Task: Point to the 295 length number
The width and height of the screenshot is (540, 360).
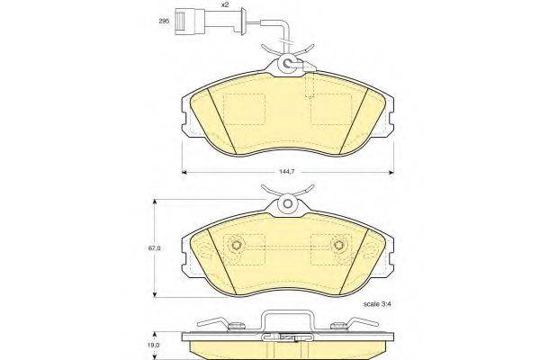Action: click(x=163, y=20)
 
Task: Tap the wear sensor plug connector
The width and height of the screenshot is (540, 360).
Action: click(x=197, y=19)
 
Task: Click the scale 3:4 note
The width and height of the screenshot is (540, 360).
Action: click(x=360, y=304)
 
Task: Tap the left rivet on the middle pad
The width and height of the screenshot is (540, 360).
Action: click(x=238, y=246)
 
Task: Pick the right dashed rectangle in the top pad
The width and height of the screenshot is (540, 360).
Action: click(x=330, y=109)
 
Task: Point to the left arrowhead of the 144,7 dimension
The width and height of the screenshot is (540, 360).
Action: click(x=184, y=170)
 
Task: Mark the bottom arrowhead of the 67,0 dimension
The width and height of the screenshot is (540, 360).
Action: click(x=157, y=296)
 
